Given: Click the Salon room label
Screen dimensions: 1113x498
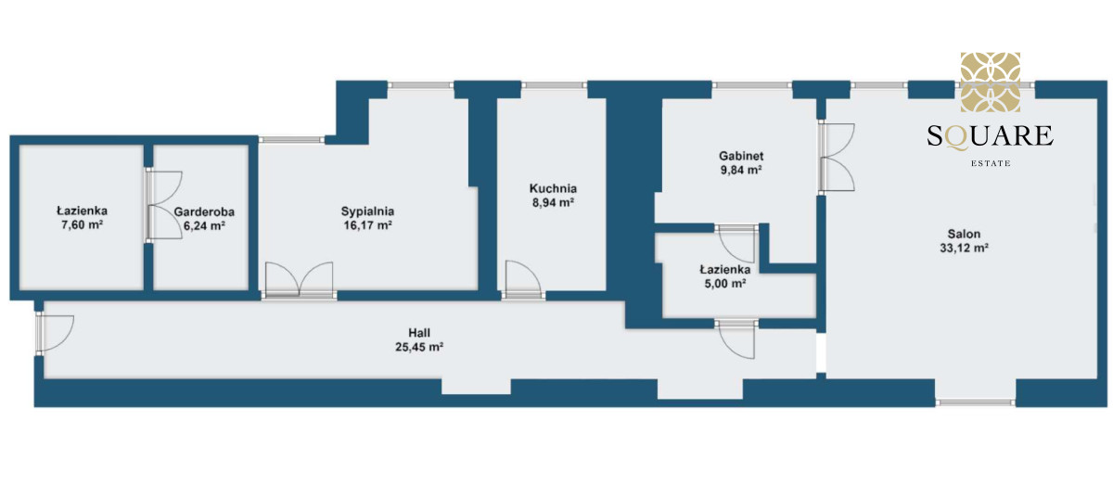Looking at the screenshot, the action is pos(964,234).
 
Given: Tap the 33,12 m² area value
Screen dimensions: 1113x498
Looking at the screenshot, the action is pos(964,248).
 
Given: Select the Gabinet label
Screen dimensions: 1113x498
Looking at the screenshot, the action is pos(741,156).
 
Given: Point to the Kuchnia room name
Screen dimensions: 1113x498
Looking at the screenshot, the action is pos(553,188).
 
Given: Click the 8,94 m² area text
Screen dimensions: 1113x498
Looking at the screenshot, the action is pos(553,202).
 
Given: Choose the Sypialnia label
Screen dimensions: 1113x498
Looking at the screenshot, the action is pos(367,211).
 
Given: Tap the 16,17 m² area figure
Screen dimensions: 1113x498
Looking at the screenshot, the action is pos(367,225).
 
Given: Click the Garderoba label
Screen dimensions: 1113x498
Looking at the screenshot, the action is pos(204,211).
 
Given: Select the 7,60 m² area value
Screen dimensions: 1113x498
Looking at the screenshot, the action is pos(82,224).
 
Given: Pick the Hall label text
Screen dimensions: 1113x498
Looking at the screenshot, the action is pos(419,333).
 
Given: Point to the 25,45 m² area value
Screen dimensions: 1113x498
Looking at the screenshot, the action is pos(419,347).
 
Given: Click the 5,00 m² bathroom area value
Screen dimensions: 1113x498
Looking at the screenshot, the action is pos(725,283).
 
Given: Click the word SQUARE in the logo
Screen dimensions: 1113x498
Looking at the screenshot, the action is pos(991,136).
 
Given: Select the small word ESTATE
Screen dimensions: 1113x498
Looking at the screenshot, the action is pos(991,163).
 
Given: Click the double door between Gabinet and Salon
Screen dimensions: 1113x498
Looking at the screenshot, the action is pos(837,157).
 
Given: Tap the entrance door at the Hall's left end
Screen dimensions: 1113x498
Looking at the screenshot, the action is pos(55,333).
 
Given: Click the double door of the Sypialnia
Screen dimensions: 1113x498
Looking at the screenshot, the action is pos(299,281).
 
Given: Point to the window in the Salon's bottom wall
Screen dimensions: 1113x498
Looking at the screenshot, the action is pos(976,402).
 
